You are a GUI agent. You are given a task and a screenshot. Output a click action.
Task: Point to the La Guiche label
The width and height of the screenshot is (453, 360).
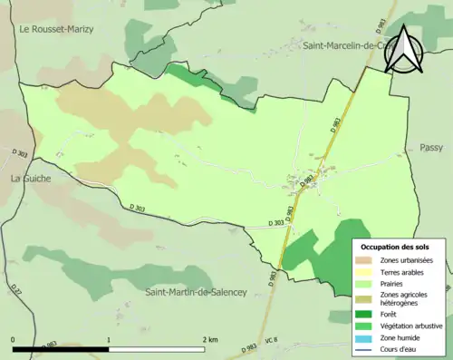[x=30, y=179]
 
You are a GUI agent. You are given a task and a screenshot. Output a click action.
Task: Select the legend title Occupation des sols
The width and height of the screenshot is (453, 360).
[x=395, y=247]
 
